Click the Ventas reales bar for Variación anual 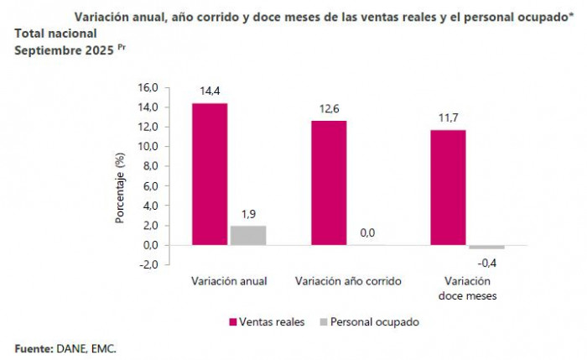210,174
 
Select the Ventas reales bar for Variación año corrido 329,182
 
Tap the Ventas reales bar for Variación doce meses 449,187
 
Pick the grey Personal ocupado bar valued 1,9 248,235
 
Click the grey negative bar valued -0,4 486,248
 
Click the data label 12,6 329,108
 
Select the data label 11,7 449,117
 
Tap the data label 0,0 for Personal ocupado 366,233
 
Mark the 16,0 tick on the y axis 148,87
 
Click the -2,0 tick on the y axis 148,264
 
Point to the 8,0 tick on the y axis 149,166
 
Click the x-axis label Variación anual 229,281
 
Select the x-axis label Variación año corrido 348,281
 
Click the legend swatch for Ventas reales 232,322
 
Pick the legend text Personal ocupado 374,322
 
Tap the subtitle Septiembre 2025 64,50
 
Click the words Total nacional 55,34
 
